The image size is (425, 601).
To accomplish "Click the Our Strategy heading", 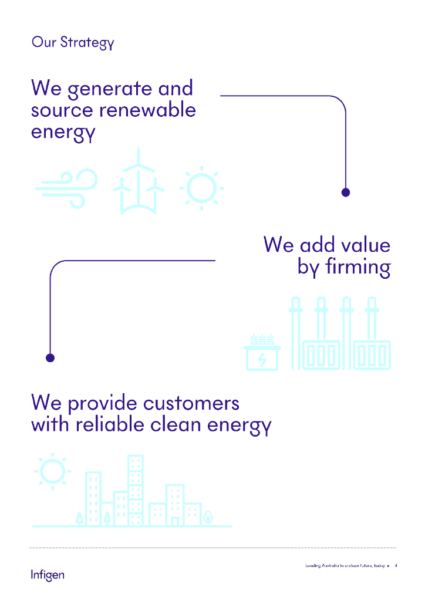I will [72, 43].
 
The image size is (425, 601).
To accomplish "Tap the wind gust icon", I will [66, 188].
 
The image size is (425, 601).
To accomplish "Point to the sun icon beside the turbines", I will [201, 188].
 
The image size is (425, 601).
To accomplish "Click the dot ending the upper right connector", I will [346, 192].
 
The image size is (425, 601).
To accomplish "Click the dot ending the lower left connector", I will [50, 357].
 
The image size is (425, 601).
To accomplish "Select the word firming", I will [360, 267].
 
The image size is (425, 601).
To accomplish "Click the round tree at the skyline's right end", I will [208, 518].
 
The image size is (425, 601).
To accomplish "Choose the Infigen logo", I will [48, 574].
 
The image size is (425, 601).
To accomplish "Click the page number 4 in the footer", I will [396, 566].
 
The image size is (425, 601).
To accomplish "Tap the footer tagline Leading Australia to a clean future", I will [345, 566].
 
